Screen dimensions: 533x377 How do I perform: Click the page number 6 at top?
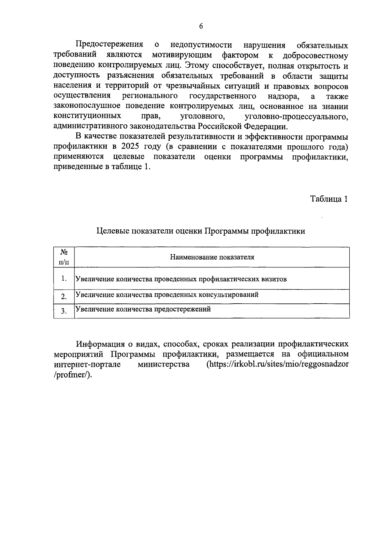[201, 26]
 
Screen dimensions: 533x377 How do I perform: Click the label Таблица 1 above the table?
[329, 199]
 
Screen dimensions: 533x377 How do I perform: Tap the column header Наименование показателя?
[212, 257]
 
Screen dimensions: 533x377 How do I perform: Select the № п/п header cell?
[64, 257]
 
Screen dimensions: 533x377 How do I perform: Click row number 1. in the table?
[64, 278]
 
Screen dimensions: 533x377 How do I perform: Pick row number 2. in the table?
[64, 296]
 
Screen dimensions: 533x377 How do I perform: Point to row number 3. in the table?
[64, 311]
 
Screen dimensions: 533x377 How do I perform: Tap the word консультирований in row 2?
[228, 295]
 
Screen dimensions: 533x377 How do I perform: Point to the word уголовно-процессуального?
[296, 117]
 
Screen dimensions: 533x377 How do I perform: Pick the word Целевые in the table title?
[112, 231]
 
